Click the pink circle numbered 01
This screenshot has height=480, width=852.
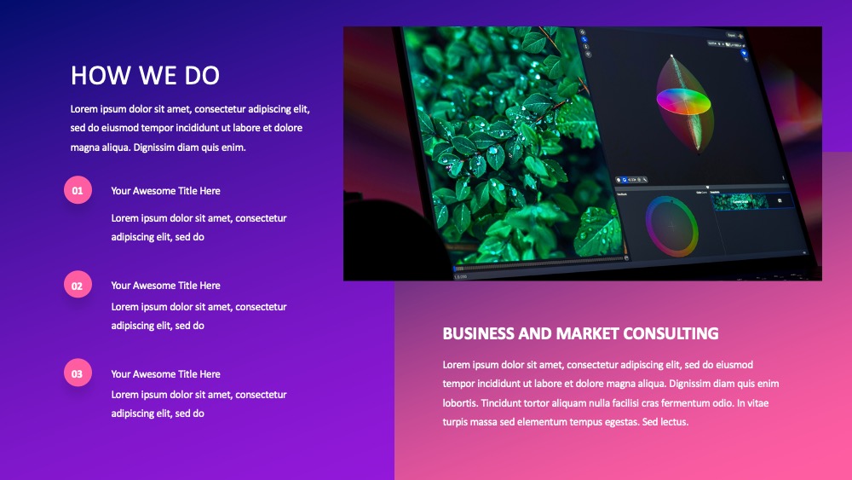pyautogui.click(x=78, y=190)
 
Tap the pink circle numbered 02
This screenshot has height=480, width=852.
pyautogui.click(x=78, y=284)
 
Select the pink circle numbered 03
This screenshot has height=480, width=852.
pyautogui.click(x=78, y=373)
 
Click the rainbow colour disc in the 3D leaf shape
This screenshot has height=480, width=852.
pyautogui.click(x=683, y=101)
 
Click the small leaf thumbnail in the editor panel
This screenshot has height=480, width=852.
pyautogui.click(x=740, y=202)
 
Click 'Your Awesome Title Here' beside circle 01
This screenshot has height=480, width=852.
pyautogui.click(x=166, y=191)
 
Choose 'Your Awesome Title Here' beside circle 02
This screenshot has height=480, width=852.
pyautogui.click(x=166, y=286)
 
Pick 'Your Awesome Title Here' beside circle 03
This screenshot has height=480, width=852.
pyautogui.click(x=166, y=374)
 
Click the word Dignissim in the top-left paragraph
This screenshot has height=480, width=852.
pyautogui.click(x=155, y=147)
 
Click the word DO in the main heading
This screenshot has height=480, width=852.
pyautogui.click(x=202, y=76)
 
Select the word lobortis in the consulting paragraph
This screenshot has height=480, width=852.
pyautogui.click(x=460, y=402)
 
